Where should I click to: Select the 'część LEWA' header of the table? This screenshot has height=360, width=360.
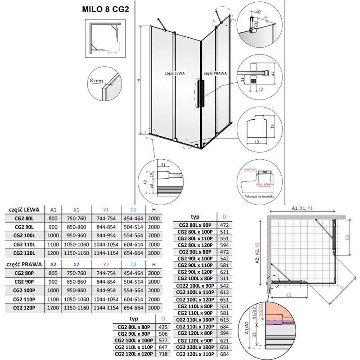(x=23, y=209)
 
